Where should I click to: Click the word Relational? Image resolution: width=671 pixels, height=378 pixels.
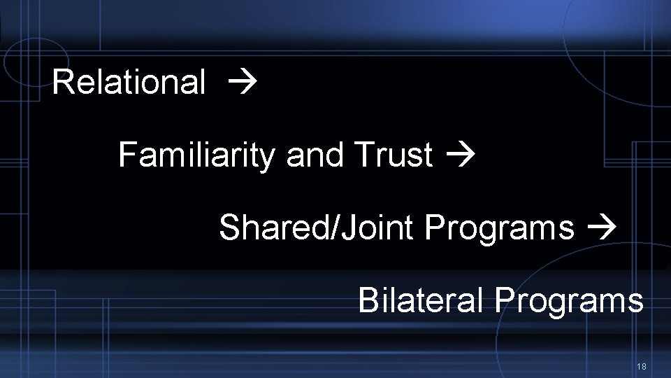click(129, 82)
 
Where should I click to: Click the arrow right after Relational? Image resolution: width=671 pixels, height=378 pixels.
click(243, 83)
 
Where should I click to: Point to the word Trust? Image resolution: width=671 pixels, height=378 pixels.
click(394, 155)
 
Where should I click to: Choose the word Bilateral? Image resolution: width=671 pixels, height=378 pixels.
click(420, 301)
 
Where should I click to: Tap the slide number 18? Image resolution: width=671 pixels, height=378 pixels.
click(642, 367)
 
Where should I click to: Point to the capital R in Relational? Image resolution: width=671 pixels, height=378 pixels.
click(62, 82)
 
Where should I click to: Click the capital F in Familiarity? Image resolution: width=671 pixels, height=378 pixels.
click(127, 155)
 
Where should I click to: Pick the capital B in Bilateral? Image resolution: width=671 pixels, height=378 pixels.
click(368, 301)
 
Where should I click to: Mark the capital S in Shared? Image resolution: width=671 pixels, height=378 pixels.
click(229, 227)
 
